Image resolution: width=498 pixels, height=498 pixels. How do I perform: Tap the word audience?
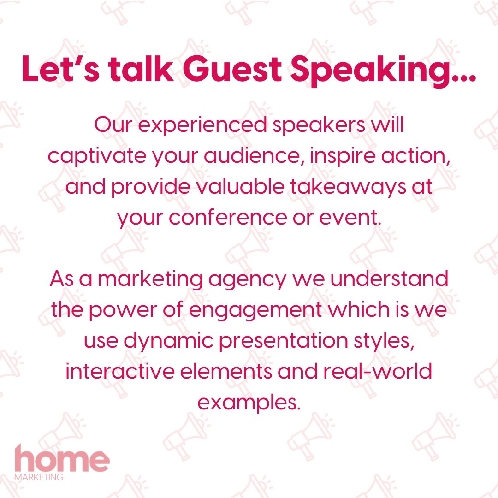click(x=250, y=157)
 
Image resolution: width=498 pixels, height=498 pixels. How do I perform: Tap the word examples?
click(x=248, y=402)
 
